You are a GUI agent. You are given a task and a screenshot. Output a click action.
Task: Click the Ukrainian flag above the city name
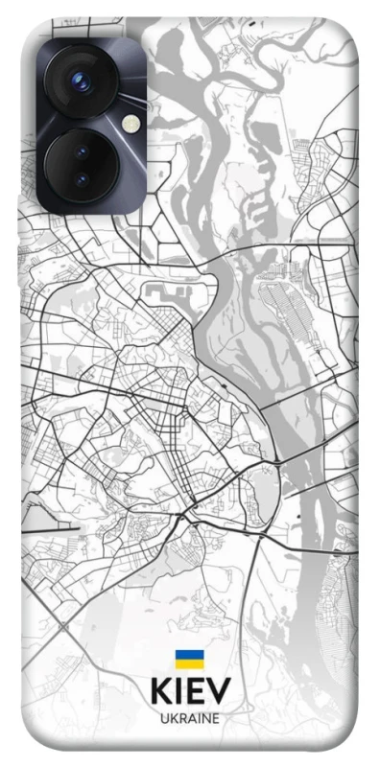click(189, 659)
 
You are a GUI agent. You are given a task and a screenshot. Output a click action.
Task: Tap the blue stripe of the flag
click(189, 655)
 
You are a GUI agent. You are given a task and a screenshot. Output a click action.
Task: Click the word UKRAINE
click(189, 717)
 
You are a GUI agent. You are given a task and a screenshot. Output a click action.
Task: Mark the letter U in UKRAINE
click(164, 717)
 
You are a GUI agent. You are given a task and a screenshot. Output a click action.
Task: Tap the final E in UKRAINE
click(215, 717)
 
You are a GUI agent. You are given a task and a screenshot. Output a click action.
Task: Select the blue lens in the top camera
click(82, 82)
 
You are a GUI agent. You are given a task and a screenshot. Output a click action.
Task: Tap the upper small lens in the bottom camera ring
click(82, 151)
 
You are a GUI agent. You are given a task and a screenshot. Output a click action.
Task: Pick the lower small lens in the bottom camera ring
click(80, 179)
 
